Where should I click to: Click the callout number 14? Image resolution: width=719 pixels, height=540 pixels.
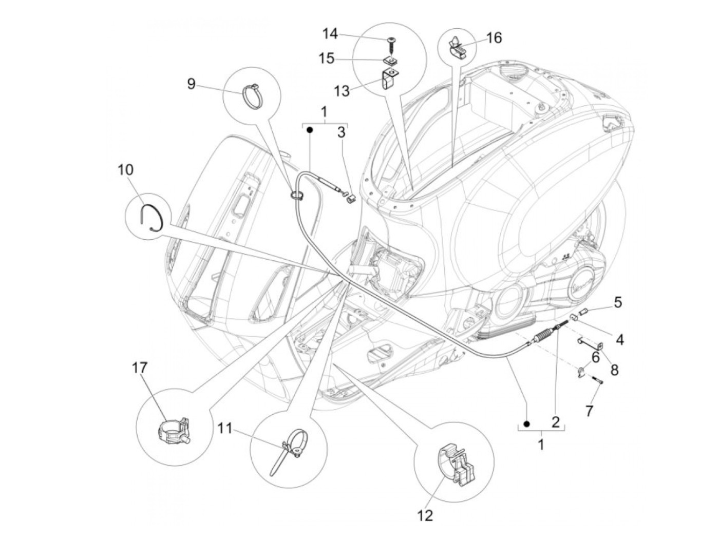click(330, 34)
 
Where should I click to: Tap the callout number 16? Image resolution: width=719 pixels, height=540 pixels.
click(494, 37)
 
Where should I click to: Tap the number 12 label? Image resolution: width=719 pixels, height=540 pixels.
click(426, 515)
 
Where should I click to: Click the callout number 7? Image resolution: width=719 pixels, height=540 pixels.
click(589, 411)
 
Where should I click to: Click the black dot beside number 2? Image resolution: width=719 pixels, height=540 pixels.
click(526, 423)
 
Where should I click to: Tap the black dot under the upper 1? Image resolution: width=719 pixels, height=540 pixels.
click(310, 130)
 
